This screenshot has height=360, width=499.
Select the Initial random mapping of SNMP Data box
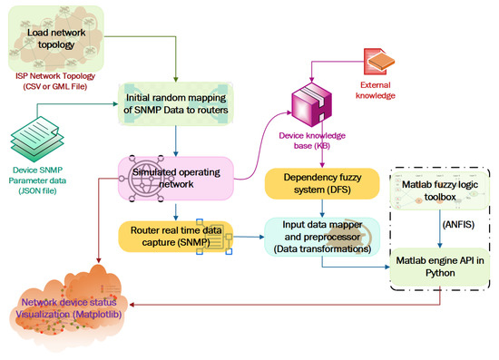click(x=176, y=109)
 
